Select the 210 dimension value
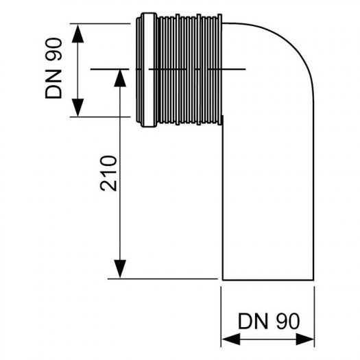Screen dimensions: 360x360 [108, 173]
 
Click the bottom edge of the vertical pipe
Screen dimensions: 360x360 [267, 279]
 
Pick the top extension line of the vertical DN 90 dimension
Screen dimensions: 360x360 [103, 22]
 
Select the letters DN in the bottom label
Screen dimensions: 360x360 [251, 321]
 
